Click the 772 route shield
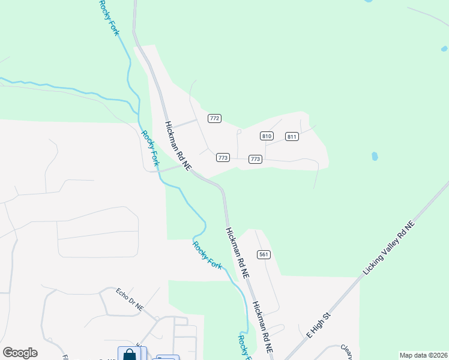tap(214, 118)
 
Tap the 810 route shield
tap(267, 136)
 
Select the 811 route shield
tap(292, 136)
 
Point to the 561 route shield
tap(264, 254)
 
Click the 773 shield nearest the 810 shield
tap(255, 159)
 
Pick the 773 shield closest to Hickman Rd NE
tap(223, 158)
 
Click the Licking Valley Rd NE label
tap(389, 248)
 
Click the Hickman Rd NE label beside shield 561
tap(237, 252)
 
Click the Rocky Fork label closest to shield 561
tap(208, 254)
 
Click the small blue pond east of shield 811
tap(375, 157)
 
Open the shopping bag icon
tap(129, 354)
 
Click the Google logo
tap(20, 353)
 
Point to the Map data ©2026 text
tap(424, 355)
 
